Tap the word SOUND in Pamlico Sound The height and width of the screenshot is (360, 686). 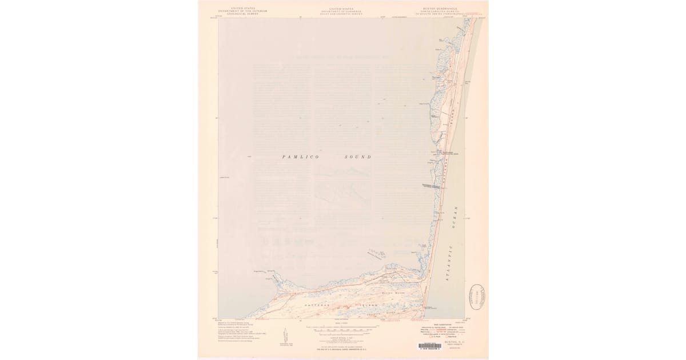click(x=357, y=157)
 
